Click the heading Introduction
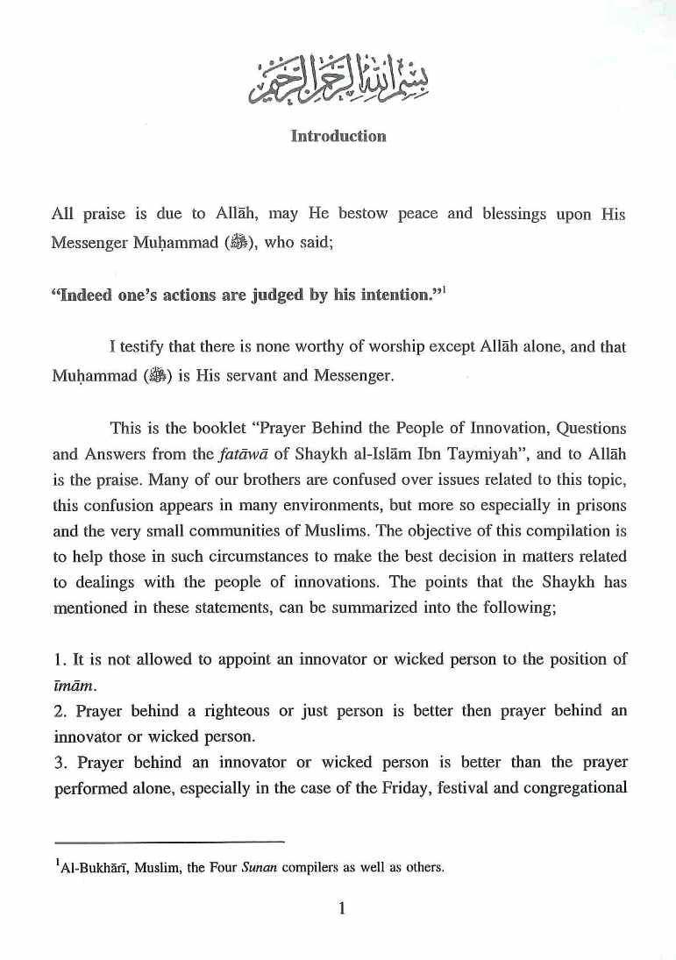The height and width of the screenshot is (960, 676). [x=338, y=137]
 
